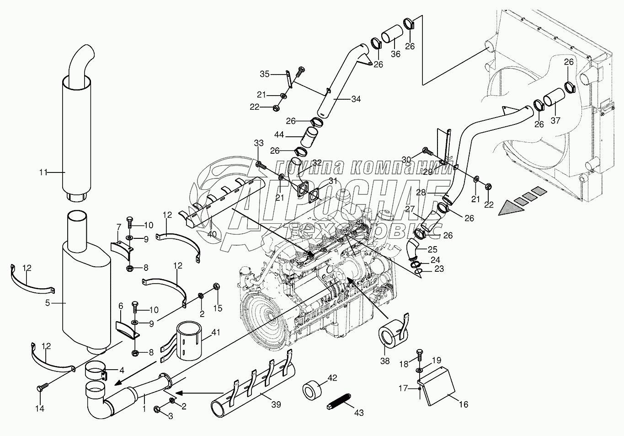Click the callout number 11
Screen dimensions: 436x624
click(x=43, y=172)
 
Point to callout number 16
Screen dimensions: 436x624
click(x=464, y=404)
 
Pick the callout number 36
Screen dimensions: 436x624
click(x=395, y=54)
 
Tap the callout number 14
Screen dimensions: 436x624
click(x=40, y=409)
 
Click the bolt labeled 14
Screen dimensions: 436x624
click(x=40, y=388)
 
